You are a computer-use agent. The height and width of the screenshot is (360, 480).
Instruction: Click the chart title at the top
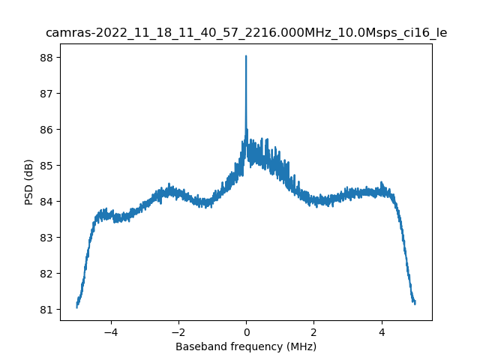[x=246, y=33]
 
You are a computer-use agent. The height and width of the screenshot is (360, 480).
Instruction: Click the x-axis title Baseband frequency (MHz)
[x=246, y=346]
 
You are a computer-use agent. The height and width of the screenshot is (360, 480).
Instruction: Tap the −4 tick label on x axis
[x=110, y=331]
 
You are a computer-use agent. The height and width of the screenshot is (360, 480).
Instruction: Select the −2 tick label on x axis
[x=178, y=331]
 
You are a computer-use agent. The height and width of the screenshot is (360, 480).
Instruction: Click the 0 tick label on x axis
[x=246, y=331]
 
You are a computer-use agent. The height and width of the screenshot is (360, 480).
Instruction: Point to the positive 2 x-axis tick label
[x=313, y=331]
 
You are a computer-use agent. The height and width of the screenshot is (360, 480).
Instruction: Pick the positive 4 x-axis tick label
[x=382, y=331]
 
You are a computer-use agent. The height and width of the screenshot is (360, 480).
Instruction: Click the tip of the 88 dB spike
[x=246, y=56]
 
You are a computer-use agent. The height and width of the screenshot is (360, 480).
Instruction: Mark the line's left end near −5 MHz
[x=77, y=306]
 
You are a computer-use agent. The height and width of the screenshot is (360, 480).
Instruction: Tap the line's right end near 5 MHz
[x=415, y=302]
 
